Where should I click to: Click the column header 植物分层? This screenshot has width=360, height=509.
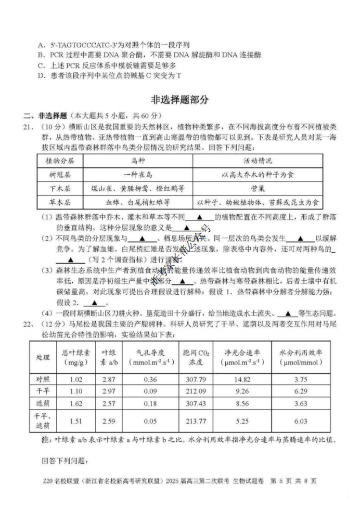(60, 161)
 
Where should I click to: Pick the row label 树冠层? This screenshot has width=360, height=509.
(60, 175)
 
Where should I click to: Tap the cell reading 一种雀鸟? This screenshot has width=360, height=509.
(138, 175)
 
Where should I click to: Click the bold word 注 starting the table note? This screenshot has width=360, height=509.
(45, 440)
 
